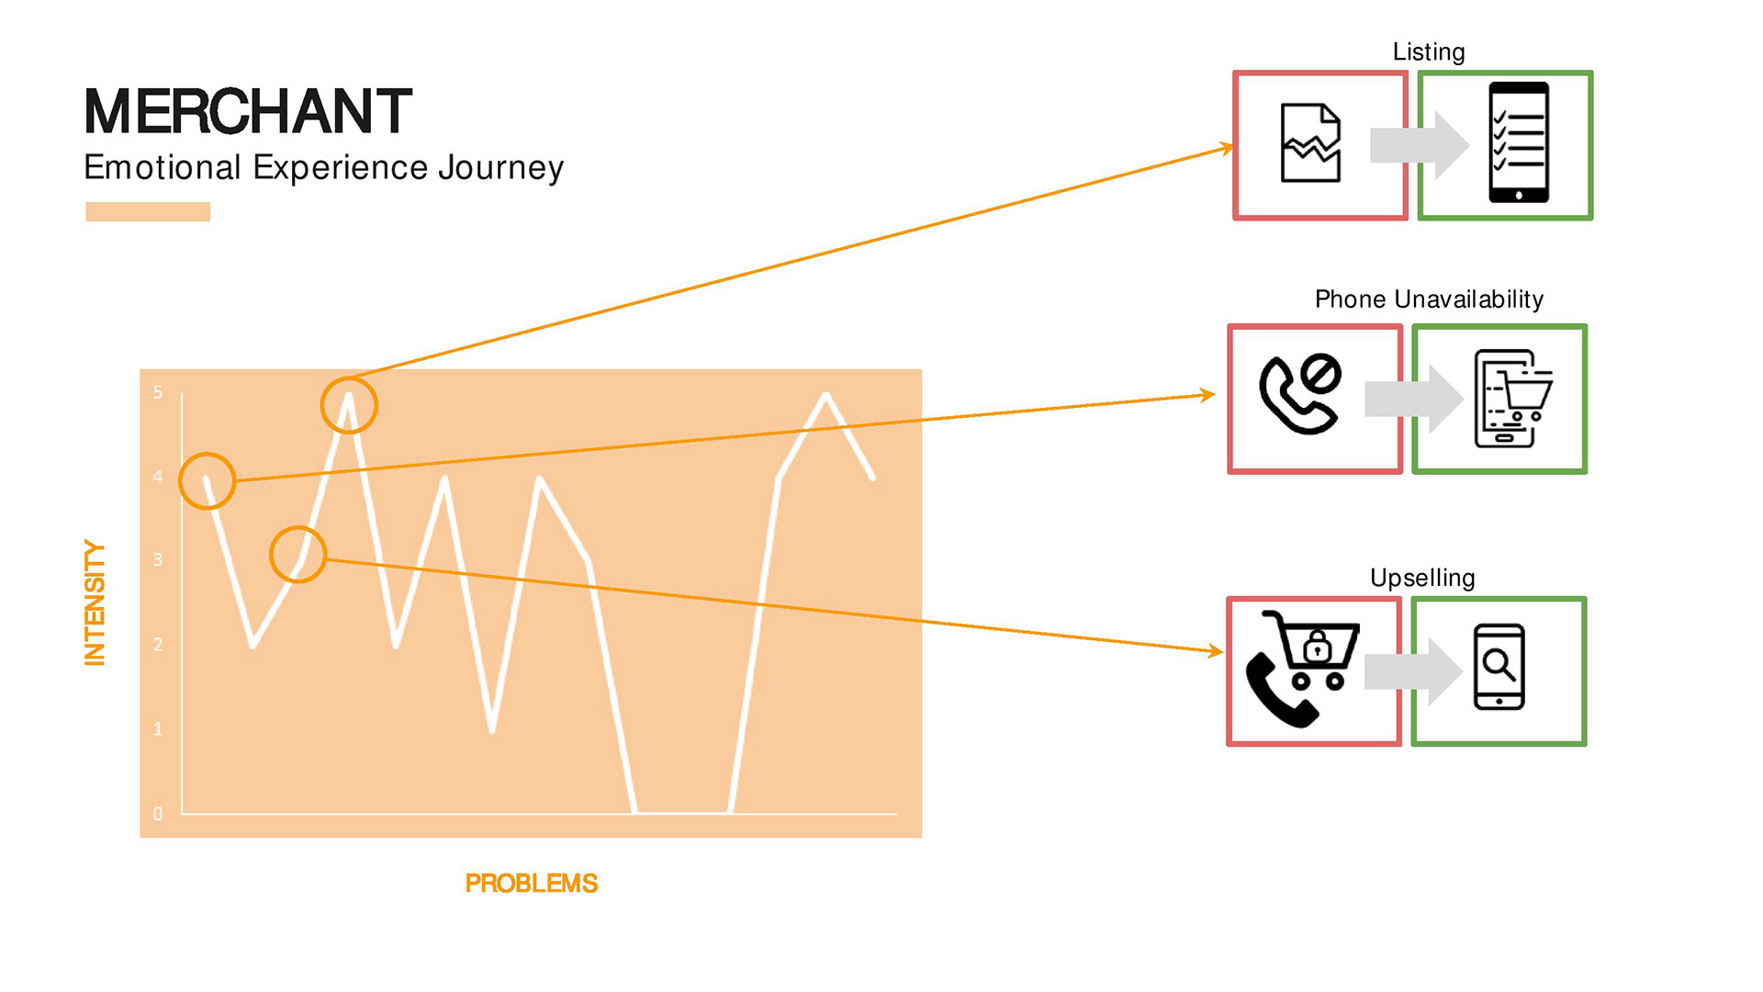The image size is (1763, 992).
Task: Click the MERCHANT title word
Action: click(x=248, y=111)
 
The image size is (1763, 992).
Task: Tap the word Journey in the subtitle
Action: click(x=500, y=168)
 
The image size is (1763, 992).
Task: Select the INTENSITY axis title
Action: click(x=95, y=602)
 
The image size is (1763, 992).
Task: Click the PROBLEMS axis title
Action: click(x=531, y=883)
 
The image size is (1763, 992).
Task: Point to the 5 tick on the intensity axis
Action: click(x=158, y=392)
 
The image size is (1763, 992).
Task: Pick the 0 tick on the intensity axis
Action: click(x=158, y=813)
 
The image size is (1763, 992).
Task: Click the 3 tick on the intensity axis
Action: click(x=158, y=559)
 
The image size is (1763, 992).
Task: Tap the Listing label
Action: click(x=1428, y=52)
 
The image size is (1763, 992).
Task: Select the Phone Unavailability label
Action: click(x=1429, y=299)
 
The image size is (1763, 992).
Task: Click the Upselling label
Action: click(x=1422, y=578)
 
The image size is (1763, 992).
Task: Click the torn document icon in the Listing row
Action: click(x=1310, y=143)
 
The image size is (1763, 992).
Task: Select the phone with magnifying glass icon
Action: click(x=1499, y=667)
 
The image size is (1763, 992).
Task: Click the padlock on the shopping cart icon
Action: click(x=1317, y=647)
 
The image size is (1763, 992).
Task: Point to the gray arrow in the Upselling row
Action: click(x=1413, y=671)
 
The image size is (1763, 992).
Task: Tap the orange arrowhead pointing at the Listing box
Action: click(x=1226, y=148)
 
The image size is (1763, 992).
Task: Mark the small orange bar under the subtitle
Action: click(x=148, y=212)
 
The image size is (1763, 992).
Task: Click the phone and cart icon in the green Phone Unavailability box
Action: click(x=1511, y=399)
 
